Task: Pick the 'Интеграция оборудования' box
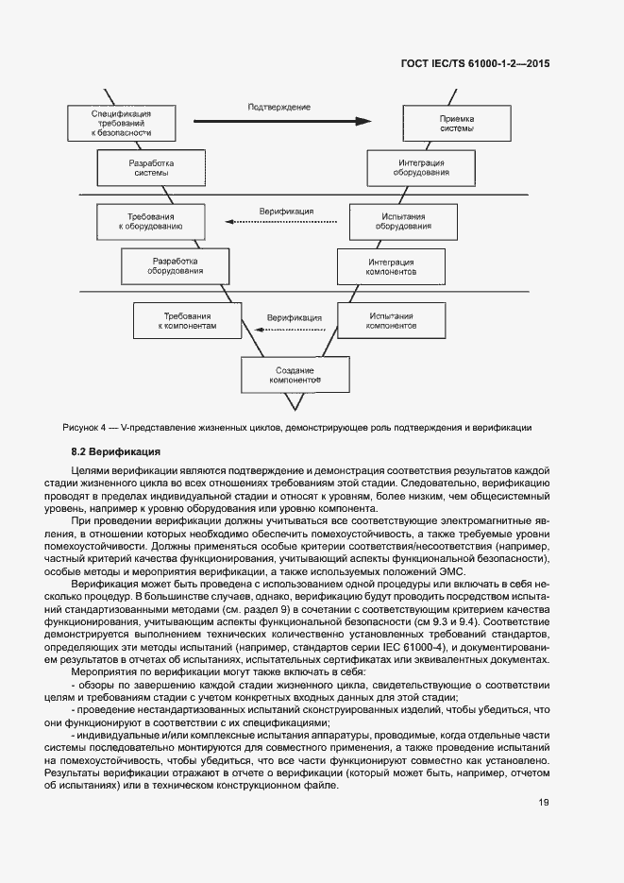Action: click(x=421, y=169)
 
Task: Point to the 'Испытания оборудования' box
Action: click(x=404, y=222)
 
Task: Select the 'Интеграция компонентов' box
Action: click(x=391, y=265)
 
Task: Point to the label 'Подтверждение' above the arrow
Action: click(x=279, y=107)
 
